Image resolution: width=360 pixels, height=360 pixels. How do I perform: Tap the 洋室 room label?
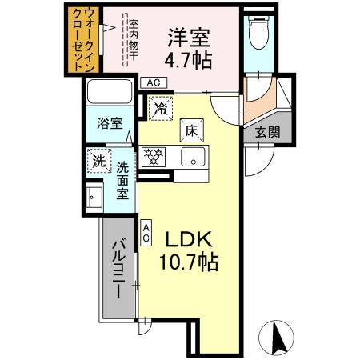(190, 36)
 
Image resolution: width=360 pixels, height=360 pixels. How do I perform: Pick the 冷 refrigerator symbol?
(160, 108)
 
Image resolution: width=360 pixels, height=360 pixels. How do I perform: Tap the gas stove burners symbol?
(153, 155)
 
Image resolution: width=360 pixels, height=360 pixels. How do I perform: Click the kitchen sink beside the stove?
(192, 156)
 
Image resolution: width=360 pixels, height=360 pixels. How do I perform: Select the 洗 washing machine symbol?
(98, 161)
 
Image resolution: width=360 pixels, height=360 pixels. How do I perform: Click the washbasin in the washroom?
(94, 196)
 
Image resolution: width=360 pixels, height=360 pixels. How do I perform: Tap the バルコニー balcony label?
(116, 269)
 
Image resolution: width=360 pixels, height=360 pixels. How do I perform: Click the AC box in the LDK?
(146, 232)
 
